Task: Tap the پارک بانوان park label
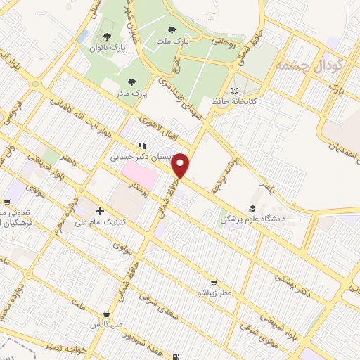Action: point(105,48)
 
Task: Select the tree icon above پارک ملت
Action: point(172,30)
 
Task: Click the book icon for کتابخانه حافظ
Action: point(234,90)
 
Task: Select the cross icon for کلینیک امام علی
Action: point(100,211)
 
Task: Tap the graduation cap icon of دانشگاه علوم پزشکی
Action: point(252,208)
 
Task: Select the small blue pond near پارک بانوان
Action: point(84,35)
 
